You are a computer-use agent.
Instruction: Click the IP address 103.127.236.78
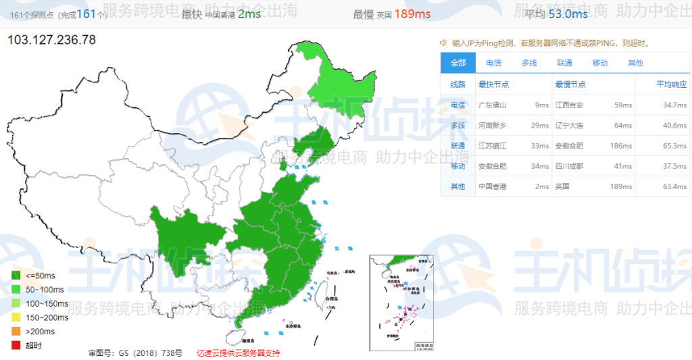pyautogui.click(x=51, y=40)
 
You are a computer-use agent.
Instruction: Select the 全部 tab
pyautogui.click(x=458, y=63)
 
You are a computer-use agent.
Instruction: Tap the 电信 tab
pyautogui.click(x=493, y=63)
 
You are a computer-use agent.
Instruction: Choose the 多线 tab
pyautogui.click(x=528, y=63)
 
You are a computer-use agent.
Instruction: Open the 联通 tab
pyautogui.click(x=564, y=63)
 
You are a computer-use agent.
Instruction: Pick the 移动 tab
pyautogui.click(x=599, y=63)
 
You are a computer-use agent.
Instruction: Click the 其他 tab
pyautogui.click(x=635, y=63)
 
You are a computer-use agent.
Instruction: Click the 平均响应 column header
pyautogui.click(x=671, y=84)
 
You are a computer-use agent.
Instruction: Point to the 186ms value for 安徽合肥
pyautogui.click(x=622, y=146)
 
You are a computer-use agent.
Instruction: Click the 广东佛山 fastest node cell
pyautogui.click(x=493, y=105)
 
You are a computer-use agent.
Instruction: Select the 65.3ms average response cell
pyautogui.click(x=674, y=146)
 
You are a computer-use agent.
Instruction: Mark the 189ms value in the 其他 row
pyautogui.click(x=622, y=186)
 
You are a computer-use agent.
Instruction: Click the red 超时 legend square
pyautogui.click(x=16, y=345)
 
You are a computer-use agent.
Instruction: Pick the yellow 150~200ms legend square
pyautogui.click(x=16, y=317)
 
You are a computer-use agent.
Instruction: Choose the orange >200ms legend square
pyautogui.click(x=16, y=331)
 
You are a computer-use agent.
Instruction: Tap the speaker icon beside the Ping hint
pyautogui.click(x=443, y=43)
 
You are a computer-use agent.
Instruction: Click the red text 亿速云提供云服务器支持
pyautogui.click(x=238, y=353)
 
